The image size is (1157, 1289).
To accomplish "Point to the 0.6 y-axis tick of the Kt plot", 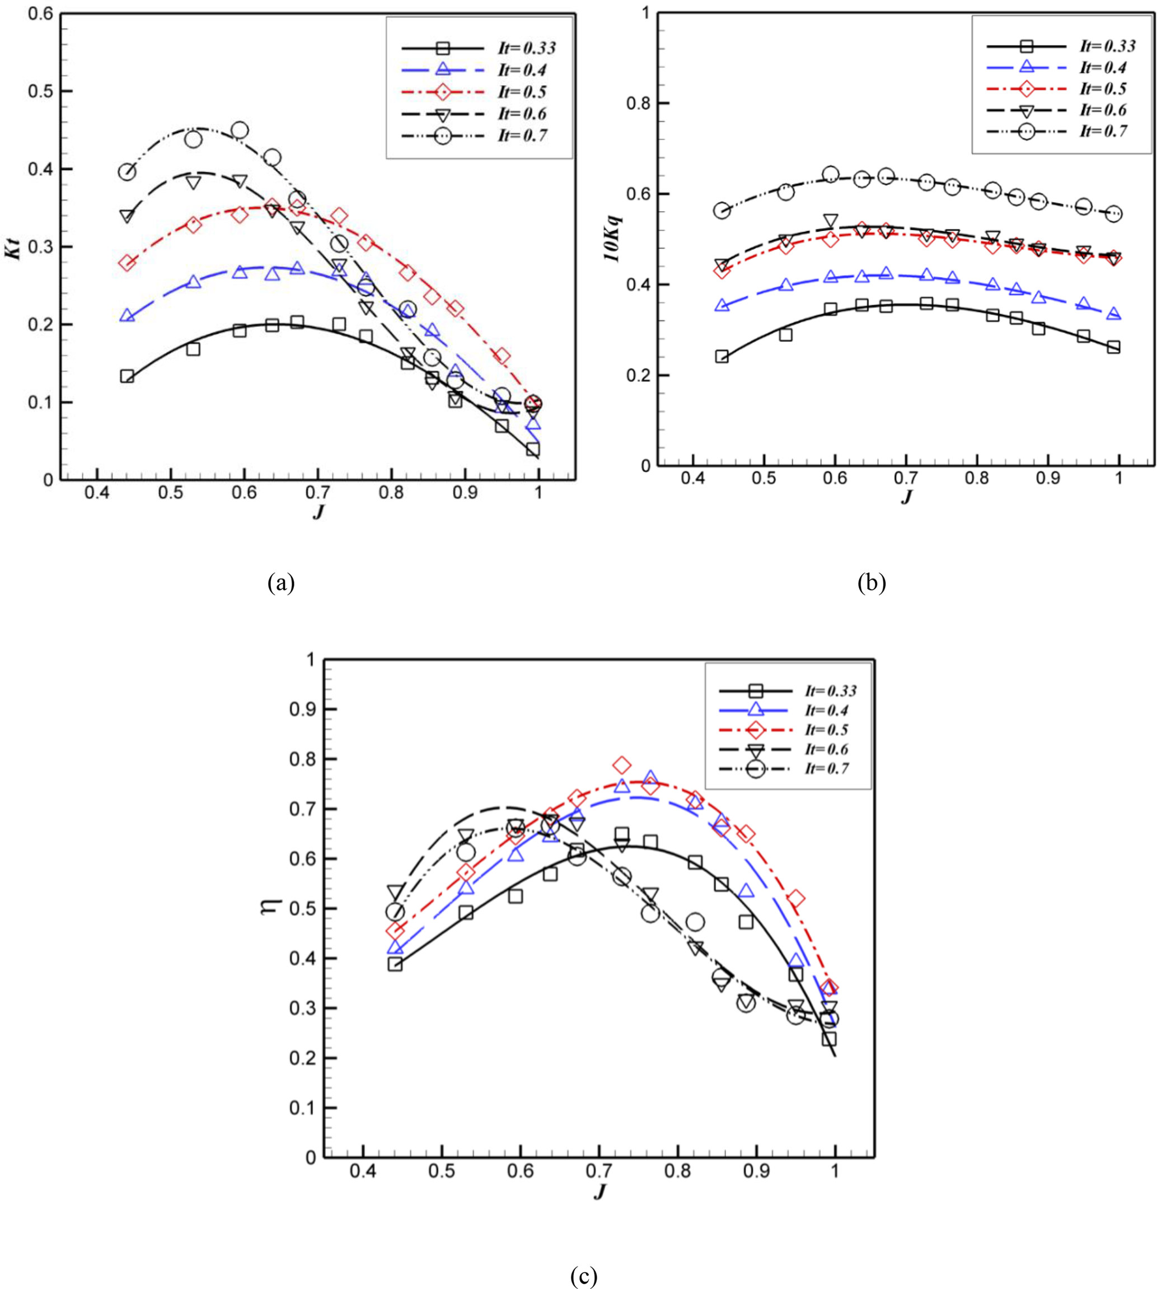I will coord(41,13).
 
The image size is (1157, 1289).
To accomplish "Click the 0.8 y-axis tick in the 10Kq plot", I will coord(638,103).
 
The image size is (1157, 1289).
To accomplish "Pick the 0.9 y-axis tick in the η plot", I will coord(302,709).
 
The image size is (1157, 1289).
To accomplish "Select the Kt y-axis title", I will coord(13,247).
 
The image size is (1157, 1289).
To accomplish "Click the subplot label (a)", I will coord(281,582).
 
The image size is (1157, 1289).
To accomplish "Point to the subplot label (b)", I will coord(871,582).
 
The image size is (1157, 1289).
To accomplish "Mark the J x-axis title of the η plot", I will coord(599,1192).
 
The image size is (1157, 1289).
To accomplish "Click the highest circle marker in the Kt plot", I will coord(240,130).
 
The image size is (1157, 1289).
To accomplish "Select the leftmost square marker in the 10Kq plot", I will coord(722,356).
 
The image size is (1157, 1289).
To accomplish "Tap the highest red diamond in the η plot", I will coord(622,765).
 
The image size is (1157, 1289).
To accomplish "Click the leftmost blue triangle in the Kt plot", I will coord(127,315).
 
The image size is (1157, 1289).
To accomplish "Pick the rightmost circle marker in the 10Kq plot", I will coord(1113,214).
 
